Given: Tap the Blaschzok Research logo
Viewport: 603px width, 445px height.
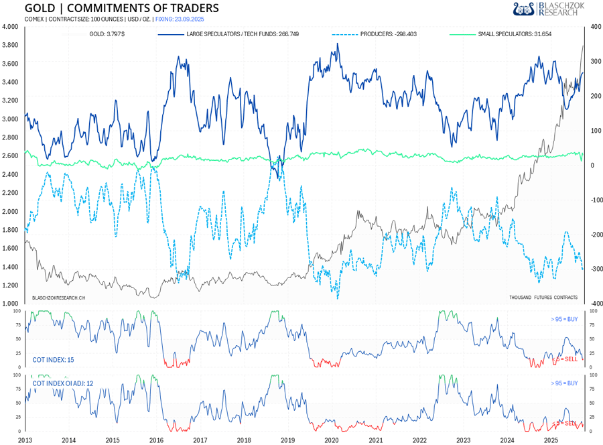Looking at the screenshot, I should (x=548, y=9).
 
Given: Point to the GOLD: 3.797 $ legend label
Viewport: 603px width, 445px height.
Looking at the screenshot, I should (x=107, y=33).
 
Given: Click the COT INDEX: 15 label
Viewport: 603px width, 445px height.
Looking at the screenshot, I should (x=54, y=360).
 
